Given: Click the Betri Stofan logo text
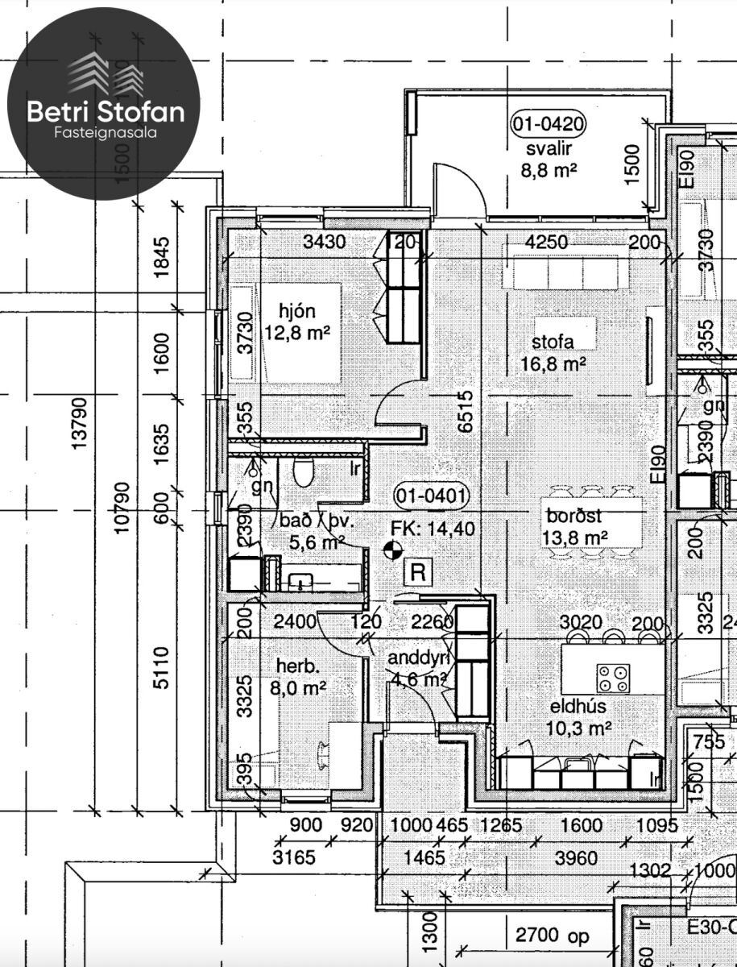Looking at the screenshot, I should tap(106, 112).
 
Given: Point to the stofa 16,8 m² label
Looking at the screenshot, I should tap(553, 353).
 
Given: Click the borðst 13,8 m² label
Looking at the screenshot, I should tap(575, 526).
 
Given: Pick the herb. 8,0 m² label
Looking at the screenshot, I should tap(300, 677).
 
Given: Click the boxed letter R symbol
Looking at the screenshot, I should tap(418, 572).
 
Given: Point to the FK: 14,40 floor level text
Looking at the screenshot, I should tap(433, 528).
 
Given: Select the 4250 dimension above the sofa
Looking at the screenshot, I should tap(546, 241).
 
